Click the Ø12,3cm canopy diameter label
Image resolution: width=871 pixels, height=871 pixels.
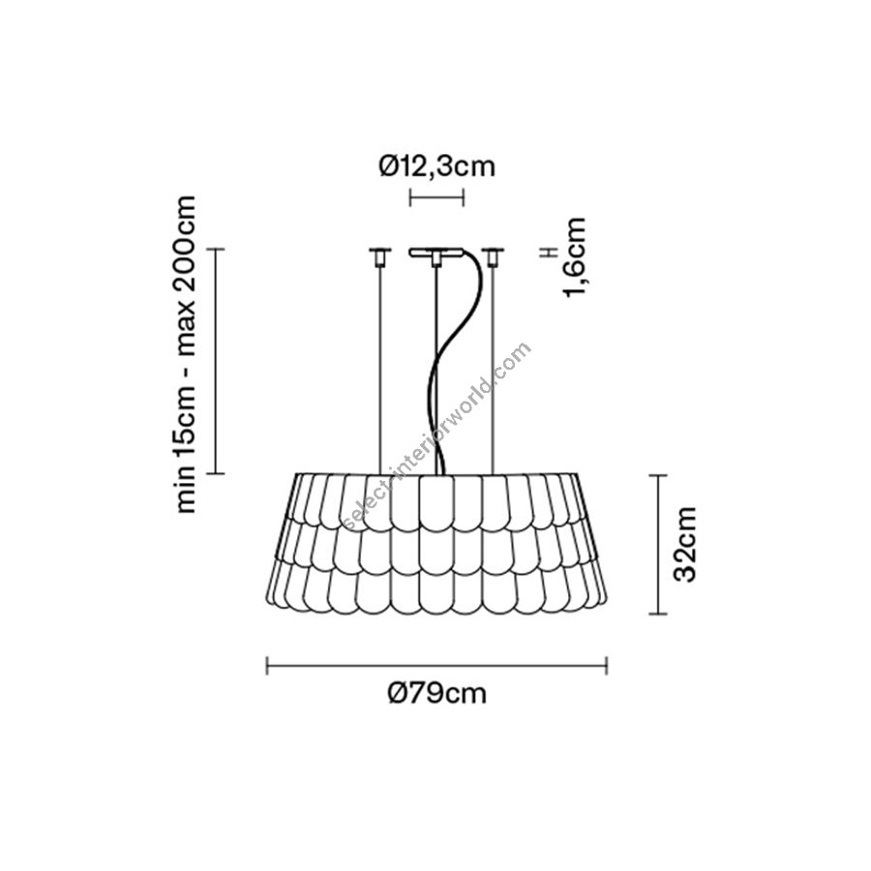pos(436,165)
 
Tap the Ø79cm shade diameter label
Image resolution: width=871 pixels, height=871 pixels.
pos(436,693)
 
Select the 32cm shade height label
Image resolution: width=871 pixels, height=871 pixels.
pos(684,544)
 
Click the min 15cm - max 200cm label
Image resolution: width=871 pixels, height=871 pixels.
pos(185,354)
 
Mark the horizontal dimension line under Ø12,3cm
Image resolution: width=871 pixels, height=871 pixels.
pos(436,197)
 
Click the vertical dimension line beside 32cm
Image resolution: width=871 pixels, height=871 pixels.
pos(658,544)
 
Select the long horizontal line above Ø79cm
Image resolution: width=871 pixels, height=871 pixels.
pos(436,666)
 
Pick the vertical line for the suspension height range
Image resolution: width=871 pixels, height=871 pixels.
pos(216,361)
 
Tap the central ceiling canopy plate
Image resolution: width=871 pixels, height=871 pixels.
pos(436,253)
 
